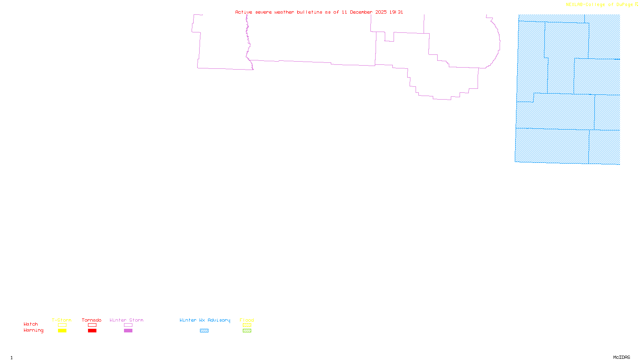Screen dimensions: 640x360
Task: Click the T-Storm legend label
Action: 62,320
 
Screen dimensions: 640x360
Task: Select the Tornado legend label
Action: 92,320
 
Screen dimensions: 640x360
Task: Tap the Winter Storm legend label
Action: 126,320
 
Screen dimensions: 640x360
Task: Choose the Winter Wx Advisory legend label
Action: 205,320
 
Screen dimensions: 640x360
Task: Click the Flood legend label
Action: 247,320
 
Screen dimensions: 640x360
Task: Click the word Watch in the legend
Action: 31,324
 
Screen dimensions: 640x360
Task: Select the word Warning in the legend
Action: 34,330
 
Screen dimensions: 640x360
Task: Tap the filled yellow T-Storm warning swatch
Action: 62,331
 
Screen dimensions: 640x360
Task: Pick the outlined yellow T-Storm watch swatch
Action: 62,325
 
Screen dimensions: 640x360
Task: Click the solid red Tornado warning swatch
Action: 92,331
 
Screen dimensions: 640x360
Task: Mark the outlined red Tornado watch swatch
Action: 92,325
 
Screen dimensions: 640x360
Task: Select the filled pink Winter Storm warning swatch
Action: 128,331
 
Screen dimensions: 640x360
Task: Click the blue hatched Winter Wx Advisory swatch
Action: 204,331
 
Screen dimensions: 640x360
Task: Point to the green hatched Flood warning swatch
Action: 247,331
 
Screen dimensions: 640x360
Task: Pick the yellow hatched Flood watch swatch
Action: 247,325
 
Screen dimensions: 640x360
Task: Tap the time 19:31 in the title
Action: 396,12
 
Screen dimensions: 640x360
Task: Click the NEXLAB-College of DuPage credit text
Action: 600,5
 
